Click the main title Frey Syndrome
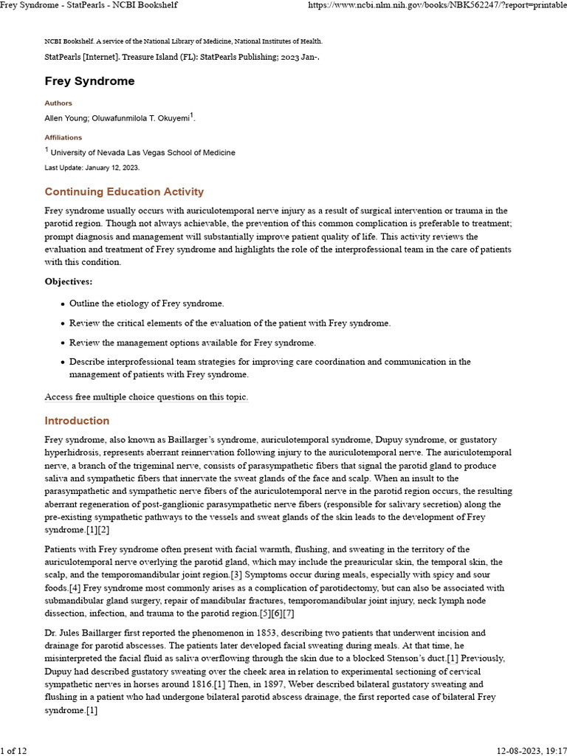click(89, 81)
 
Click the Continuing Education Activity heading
click(124, 192)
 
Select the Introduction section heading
click(77, 421)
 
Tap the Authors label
click(58, 103)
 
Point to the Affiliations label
click(63, 137)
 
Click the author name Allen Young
click(66, 118)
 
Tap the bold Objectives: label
click(68, 281)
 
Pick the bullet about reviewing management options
click(192, 343)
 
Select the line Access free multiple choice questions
click(146, 397)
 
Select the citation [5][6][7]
click(275, 613)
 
